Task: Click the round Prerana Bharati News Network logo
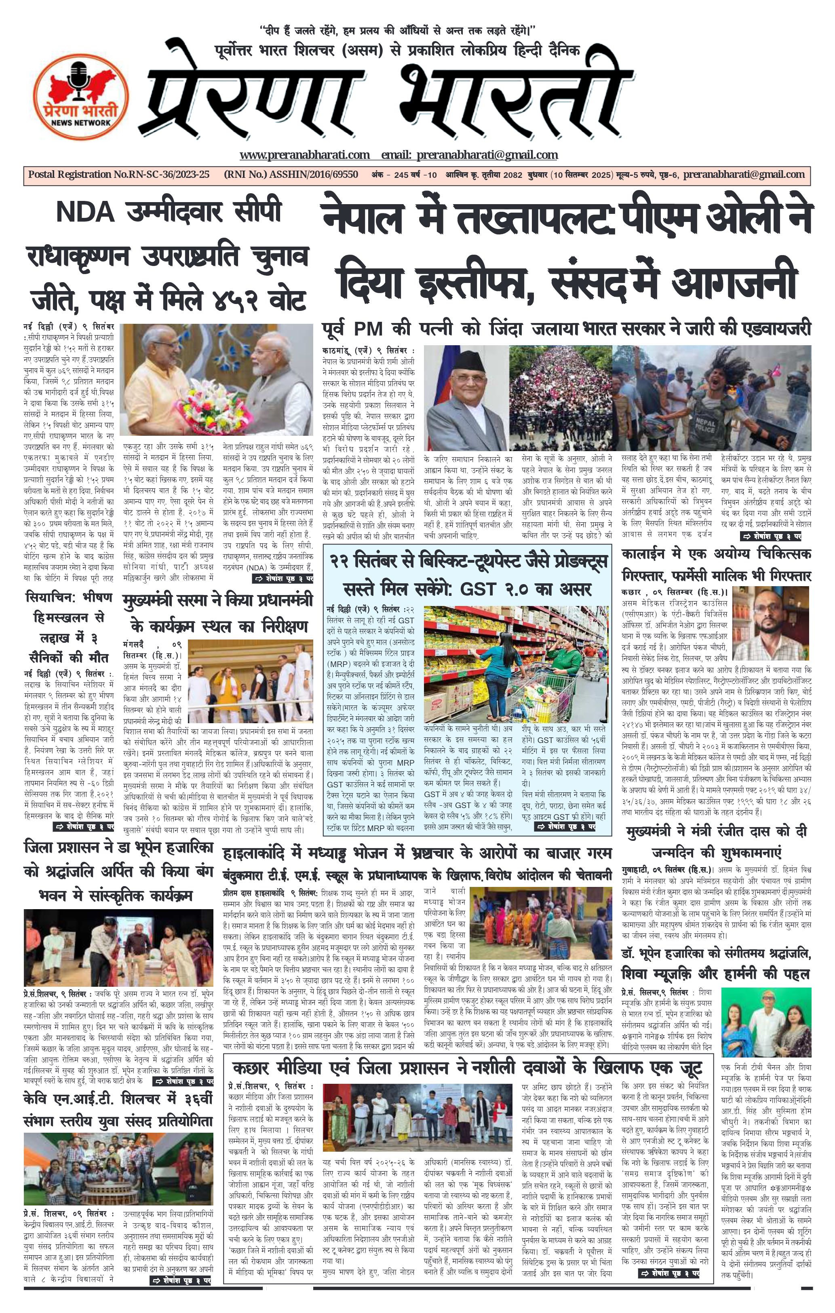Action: [81, 96]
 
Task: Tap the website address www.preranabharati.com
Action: [305, 155]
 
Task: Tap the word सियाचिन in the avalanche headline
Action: [50, 597]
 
